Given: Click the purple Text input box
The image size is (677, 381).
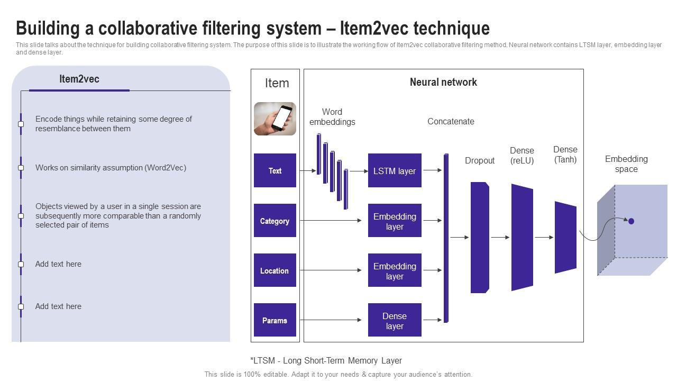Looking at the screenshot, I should click(275, 170).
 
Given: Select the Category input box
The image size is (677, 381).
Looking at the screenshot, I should click(275, 221).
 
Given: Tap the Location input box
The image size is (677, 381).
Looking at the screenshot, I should click(275, 270).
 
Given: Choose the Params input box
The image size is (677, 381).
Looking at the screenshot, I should click(275, 320).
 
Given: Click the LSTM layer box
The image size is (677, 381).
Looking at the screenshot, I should click(395, 170).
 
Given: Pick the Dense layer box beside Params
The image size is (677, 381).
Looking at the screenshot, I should click(395, 321).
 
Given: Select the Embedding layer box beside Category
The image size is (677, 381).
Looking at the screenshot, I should click(395, 221).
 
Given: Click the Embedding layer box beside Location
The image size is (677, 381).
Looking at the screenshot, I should click(395, 270).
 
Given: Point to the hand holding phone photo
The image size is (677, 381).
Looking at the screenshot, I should click(275, 119).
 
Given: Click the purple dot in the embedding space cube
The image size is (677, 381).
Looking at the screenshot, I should click(631, 221).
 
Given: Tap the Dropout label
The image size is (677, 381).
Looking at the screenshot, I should click(480, 160).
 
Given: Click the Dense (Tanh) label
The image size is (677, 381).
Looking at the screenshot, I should click(565, 155).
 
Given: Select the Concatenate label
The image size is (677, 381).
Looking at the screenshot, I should click(451, 121).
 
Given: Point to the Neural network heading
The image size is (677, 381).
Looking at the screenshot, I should click(443, 82).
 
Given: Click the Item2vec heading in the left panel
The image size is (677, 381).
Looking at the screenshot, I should click(79, 79).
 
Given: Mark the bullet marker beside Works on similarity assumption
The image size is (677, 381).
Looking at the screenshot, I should click(21, 168).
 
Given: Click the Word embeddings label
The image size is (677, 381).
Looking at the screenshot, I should click(332, 117).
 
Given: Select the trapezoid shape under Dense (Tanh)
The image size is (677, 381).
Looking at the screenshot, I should click(565, 237).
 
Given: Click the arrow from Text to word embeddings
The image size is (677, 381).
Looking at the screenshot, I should click(307, 171).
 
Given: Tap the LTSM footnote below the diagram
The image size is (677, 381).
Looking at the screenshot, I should click(326, 360).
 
